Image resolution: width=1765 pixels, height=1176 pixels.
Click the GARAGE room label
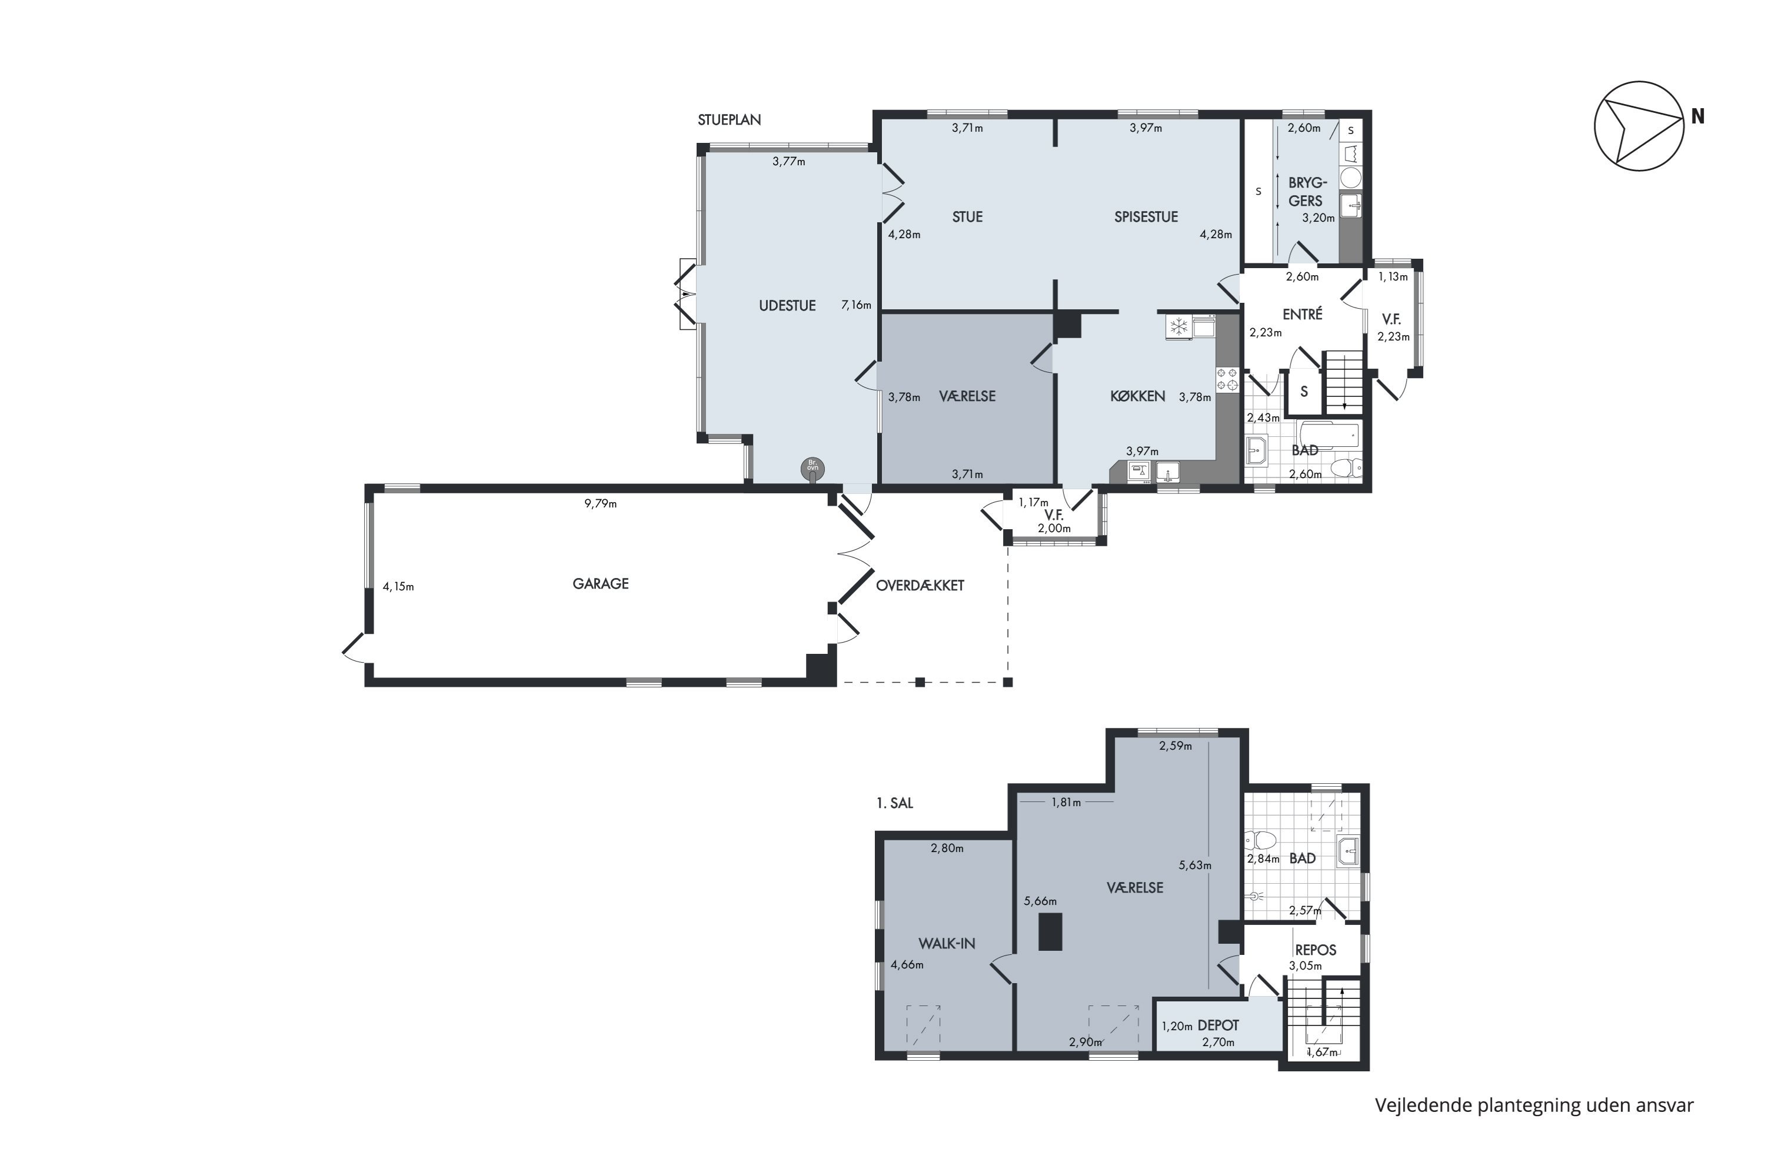tap(600, 583)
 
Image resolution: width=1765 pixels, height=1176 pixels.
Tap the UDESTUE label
tap(787, 306)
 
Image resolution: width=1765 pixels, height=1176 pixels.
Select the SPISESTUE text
tap(1146, 217)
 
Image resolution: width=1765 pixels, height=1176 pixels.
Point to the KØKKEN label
tap(1138, 396)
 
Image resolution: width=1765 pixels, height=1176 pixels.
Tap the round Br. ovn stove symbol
tap(812, 469)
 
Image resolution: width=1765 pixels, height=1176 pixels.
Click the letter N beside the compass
tap(1697, 117)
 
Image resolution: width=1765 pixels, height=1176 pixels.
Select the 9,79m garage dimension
tap(600, 504)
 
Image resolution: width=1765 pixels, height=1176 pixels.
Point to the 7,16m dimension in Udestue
tap(856, 305)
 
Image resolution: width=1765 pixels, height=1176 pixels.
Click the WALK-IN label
tap(947, 944)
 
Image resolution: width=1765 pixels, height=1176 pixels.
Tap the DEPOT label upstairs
tap(1218, 1025)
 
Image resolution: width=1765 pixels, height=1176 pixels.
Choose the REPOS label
tap(1316, 950)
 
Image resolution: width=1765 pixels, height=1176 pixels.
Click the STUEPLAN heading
tap(730, 120)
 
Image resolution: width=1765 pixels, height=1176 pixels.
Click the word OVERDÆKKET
tap(920, 586)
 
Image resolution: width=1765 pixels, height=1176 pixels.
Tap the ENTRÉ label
tap(1302, 314)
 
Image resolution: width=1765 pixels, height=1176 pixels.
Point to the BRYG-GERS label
tap(1307, 192)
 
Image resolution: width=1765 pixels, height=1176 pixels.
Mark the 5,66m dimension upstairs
tap(1040, 901)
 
